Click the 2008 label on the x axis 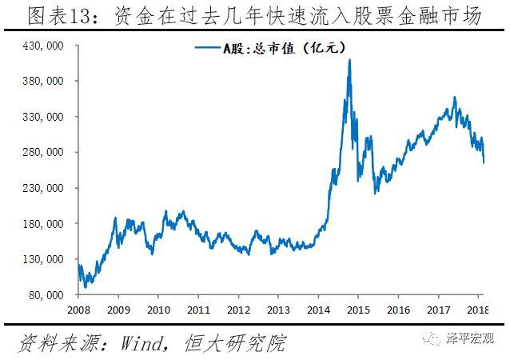pyautogui.click(x=78, y=310)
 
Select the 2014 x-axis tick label pyautogui.click(x=319, y=310)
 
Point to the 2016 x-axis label pyautogui.click(x=397, y=310)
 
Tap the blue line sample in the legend pyautogui.click(x=209, y=48)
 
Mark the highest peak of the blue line pyautogui.click(x=349, y=61)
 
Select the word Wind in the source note pyautogui.click(x=140, y=343)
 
